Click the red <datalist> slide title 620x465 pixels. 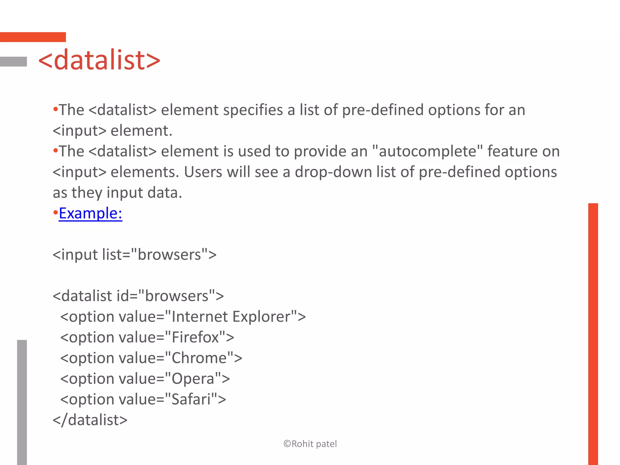99,60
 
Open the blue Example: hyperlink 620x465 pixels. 91,213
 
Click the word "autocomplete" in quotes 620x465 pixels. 427,151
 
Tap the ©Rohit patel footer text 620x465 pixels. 310,444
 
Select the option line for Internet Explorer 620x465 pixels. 183,317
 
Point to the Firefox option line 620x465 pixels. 147,337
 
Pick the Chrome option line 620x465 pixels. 151,358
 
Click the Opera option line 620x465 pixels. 145,379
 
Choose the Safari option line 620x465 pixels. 143,399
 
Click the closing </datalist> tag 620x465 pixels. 90,420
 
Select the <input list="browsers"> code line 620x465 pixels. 134,255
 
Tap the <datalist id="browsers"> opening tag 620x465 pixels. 138,296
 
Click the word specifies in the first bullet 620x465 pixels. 252,110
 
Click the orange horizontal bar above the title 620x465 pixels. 33,37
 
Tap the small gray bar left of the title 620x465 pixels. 13,61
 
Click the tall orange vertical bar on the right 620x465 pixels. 593,333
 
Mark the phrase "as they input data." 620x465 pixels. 117,193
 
